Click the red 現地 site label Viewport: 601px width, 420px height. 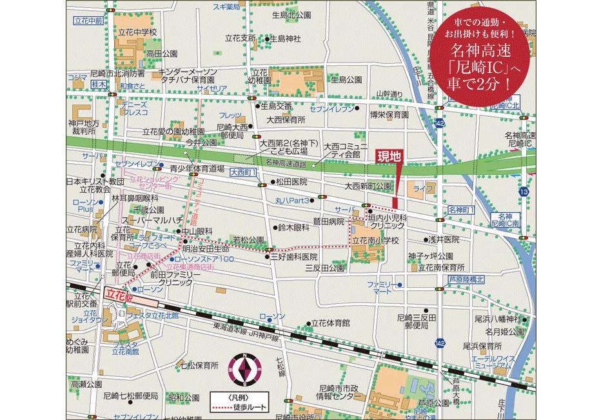(388, 155)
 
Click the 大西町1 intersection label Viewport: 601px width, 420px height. (242, 173)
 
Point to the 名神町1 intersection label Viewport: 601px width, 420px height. (461, 210)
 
